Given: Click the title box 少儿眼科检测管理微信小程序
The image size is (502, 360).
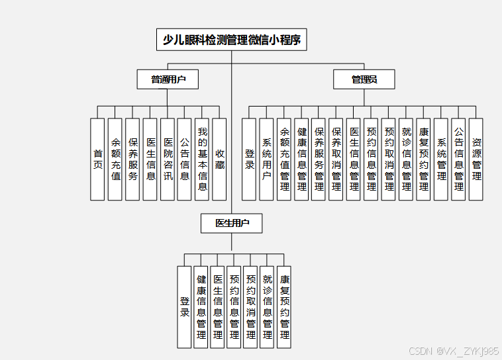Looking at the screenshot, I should (232, 40).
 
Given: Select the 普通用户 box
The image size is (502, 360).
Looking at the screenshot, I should (168, 80).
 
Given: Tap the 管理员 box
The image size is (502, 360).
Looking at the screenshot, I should (364, 80).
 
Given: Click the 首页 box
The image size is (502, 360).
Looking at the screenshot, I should (97, 159).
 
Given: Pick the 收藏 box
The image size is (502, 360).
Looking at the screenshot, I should (219, 159).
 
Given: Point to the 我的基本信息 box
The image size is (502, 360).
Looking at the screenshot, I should (202, 159).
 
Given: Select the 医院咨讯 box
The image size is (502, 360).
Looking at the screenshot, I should (168, 159).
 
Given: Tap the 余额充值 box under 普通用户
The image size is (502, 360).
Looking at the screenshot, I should (115, 159).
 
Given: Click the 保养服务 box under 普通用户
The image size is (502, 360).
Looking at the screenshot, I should (132, 159).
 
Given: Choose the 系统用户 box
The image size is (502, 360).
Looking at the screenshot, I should (266, 159).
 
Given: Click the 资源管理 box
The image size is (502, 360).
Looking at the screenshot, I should (476, 159).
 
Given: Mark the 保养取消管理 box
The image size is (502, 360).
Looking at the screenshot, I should (336, 159).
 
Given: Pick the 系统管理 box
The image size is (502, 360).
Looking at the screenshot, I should (441, 159).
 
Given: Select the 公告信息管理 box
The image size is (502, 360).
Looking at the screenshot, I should (458, 159).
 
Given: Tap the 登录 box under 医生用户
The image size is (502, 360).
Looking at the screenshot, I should (184, 307).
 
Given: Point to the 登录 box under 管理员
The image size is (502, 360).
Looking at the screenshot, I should (249, 159).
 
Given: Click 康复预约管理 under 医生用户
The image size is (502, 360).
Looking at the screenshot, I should (284, 307).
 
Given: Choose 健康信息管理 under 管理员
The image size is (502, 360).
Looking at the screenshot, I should (301, 159).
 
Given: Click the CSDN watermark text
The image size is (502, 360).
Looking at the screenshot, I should (454, 351).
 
